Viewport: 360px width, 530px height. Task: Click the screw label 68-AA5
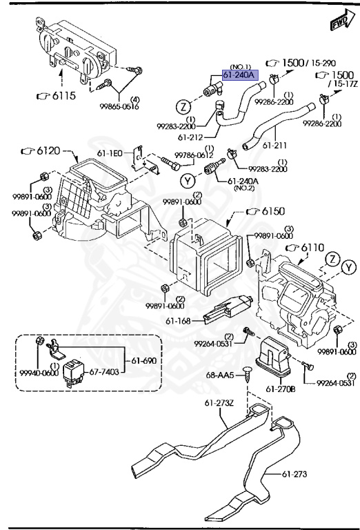pyautogui.click(x=221, y=375)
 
